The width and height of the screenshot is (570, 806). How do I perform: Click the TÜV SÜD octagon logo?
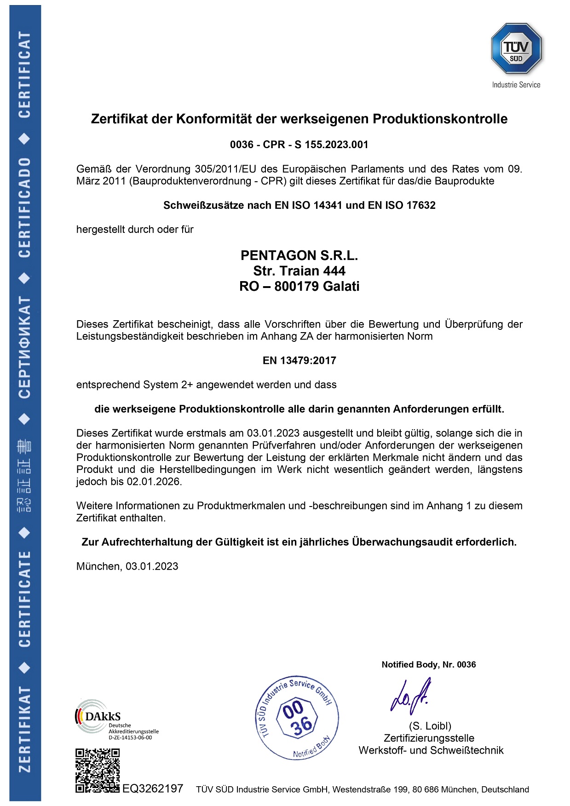coord(516,49)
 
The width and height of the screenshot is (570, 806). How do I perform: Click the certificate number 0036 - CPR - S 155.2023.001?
coord(299,144)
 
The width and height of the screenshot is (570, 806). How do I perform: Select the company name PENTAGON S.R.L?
coord(299,255)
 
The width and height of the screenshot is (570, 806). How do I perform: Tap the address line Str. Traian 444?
coord(299,271)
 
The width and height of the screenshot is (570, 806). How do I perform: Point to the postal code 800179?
coord(297,286)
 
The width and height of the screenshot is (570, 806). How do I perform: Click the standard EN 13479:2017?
coord(299,360)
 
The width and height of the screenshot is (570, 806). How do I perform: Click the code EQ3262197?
coord(153,789)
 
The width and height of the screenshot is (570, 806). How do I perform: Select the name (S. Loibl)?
coord(430,726)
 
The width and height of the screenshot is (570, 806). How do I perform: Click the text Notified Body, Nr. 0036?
coord(428,664)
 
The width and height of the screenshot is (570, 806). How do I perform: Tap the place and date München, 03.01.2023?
coord(127,566)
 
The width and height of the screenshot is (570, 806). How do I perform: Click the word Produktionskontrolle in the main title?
coord(440,119)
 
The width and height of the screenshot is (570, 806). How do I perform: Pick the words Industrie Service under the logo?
coord(516,85)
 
